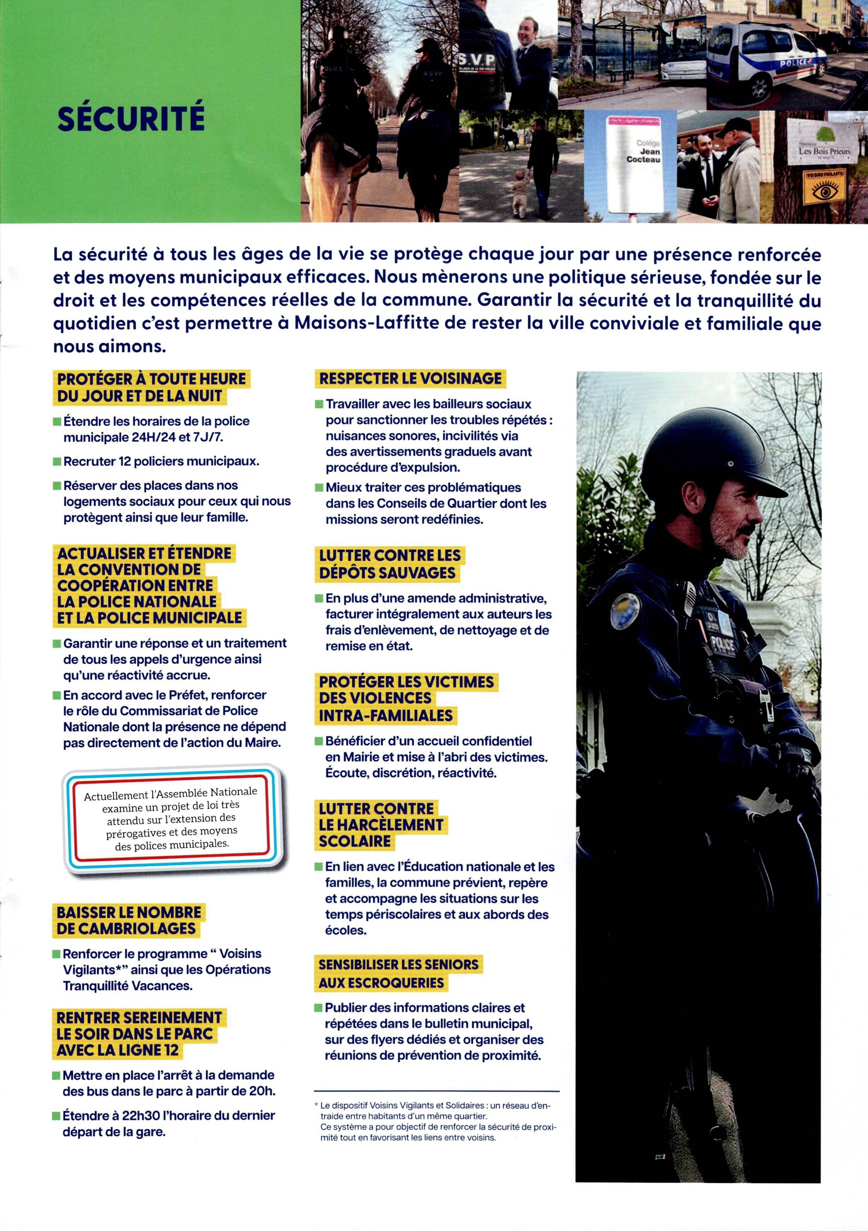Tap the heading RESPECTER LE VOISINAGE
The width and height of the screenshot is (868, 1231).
pos(410,379)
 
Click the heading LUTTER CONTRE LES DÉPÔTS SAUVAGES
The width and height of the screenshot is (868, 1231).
pos(389,564)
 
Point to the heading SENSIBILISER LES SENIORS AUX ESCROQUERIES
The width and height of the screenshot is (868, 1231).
pos(398,973)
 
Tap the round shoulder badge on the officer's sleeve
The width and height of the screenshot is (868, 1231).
pos(626,611)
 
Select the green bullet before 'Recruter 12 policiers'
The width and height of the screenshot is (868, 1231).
pos(57,462)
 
